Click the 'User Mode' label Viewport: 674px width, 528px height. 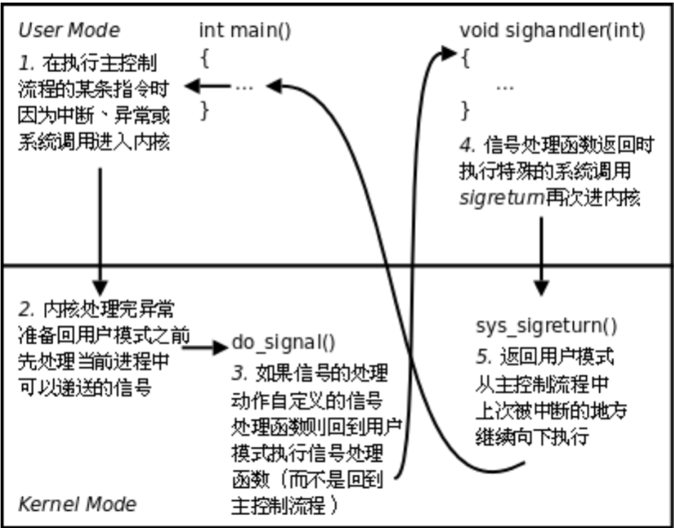(x=69, y=31)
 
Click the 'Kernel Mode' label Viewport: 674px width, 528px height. (x=77, y=504)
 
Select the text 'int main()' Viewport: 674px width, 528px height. (x=244, y=31)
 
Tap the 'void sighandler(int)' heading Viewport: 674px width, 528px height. (x=552, y=31)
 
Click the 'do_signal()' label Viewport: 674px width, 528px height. (x=283, y=343)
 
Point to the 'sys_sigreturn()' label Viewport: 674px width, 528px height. (x=546, y=326)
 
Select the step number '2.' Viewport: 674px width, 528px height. (x=27, y=310)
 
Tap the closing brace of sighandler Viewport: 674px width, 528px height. (x=466, y=110)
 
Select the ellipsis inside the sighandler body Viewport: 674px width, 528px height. (x=504, y=86)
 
